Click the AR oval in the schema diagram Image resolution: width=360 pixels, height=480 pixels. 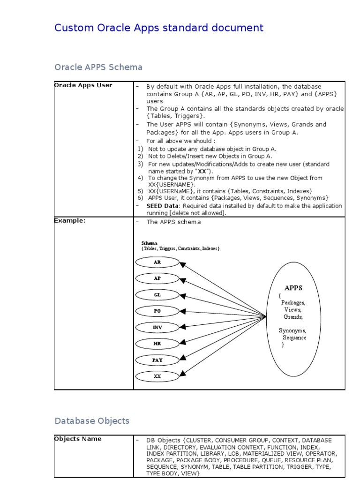point(157,262)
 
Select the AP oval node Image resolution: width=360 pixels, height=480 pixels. point(157,278)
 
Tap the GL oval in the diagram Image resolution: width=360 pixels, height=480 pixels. point(157,295)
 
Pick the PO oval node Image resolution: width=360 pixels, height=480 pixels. point(157,311)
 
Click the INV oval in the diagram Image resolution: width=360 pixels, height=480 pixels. point(157,327)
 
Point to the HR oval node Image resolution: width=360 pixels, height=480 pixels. point(157,344)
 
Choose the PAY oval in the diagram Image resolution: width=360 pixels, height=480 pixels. point(157,360)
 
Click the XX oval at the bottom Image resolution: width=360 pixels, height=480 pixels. point(157,376)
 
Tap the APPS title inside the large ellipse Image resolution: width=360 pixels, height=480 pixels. point(293,288)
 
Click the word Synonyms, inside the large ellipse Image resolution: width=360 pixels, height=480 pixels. point(292,330)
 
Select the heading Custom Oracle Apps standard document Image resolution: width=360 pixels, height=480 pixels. point(159,28)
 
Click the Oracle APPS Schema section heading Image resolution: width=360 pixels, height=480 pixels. point(98,67)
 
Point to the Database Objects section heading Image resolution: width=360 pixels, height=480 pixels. point(92,420)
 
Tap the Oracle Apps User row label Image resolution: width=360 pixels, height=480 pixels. point(83,85)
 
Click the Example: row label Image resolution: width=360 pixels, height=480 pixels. point(70,221)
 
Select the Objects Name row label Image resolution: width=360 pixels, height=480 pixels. point(77,439)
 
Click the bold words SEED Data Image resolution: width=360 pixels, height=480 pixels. point(162,206)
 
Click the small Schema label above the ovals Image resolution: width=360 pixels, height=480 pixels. point(150,243)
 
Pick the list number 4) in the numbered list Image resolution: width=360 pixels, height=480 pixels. point(140,178)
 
